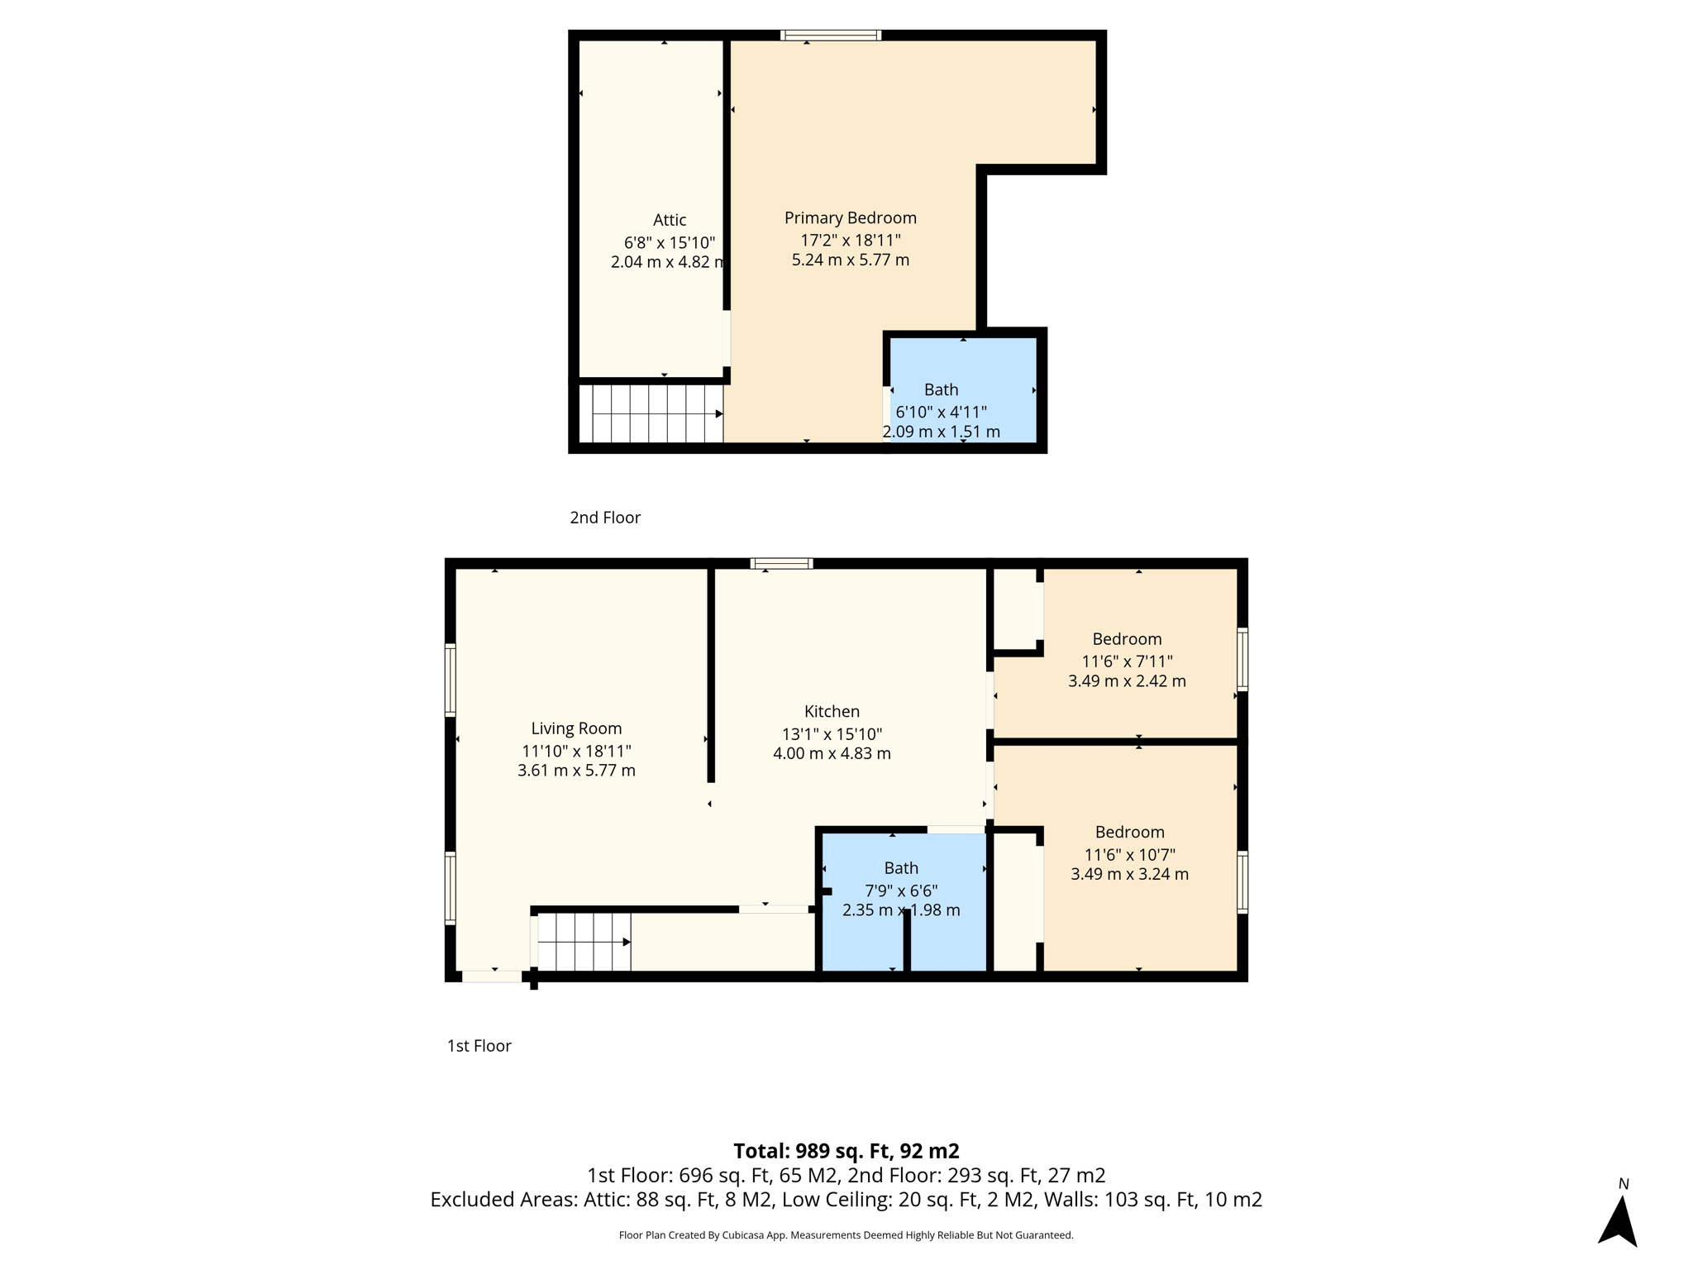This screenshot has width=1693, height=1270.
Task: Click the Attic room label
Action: click(x=669, y=220)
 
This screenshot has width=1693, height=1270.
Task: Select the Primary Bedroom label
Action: click(x=850, y=217)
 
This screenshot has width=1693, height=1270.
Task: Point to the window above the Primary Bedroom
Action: click(x=830, y=35)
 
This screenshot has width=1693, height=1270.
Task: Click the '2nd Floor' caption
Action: click(x=604, y=518)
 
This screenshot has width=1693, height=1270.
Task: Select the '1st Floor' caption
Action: click(x=479, y=1046)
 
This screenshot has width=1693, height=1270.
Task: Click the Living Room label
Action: click(x=576, y=728)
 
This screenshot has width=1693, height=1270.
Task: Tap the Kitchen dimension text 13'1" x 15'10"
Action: click(x=832, y=734)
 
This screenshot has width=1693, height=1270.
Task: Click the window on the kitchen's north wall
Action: click(x=781, y=564)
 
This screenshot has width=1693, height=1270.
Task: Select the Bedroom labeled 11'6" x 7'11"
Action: click(x=1126, y=639)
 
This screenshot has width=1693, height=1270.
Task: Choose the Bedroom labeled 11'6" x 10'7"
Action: click(x=1129, y=833)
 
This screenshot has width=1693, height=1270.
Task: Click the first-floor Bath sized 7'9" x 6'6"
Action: click(x=900, y=868)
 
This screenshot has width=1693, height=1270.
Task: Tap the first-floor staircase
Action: click(x=584, y=942)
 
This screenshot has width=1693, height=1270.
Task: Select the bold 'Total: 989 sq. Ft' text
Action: click(x=846, y=1151)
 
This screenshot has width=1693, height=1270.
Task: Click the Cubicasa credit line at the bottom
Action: click(x=846, y=1235)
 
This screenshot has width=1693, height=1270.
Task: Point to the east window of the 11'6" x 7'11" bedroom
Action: click(x=1242, y=659)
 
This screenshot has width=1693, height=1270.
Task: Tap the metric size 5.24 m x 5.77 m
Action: click(x=850, y=260)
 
